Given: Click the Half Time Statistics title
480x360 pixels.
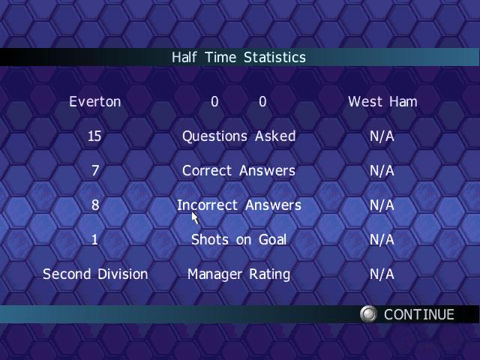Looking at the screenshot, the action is (x=238, y=57).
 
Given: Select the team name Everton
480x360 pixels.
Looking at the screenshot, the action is (x=95, y=102).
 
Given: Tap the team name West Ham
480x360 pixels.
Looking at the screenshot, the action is (x=382, y=102).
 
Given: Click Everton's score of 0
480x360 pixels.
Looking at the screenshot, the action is (x=214, y=102).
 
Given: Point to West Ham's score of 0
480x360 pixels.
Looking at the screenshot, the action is (x=262, y=102).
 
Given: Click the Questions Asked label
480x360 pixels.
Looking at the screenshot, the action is (x=239, y=136).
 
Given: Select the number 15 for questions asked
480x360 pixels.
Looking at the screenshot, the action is (x=94, y=136).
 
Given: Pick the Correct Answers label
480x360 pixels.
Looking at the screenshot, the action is (x=238, y=171).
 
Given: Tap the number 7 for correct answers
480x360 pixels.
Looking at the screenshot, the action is (x=95, y=171).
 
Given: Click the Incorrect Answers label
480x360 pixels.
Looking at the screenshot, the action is (x=239, y=205).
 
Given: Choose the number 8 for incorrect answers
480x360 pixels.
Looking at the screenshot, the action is (x=95, y=205).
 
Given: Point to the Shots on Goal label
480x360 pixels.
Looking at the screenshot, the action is (x=239, y=240).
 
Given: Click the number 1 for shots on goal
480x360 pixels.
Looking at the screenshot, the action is (x=95, y=240).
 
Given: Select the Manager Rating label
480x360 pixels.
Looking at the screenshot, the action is (x=238, y=274).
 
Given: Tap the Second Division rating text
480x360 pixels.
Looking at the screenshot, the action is (x=95, y=274).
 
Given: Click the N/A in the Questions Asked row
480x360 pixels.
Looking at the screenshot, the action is (x=382, y=136).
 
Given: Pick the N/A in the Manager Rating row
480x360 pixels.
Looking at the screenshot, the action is (x=382, y=274).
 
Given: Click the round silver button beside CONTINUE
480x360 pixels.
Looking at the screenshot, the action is (x=368, y=314).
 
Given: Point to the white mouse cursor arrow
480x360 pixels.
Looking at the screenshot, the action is (x=195, y=217).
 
